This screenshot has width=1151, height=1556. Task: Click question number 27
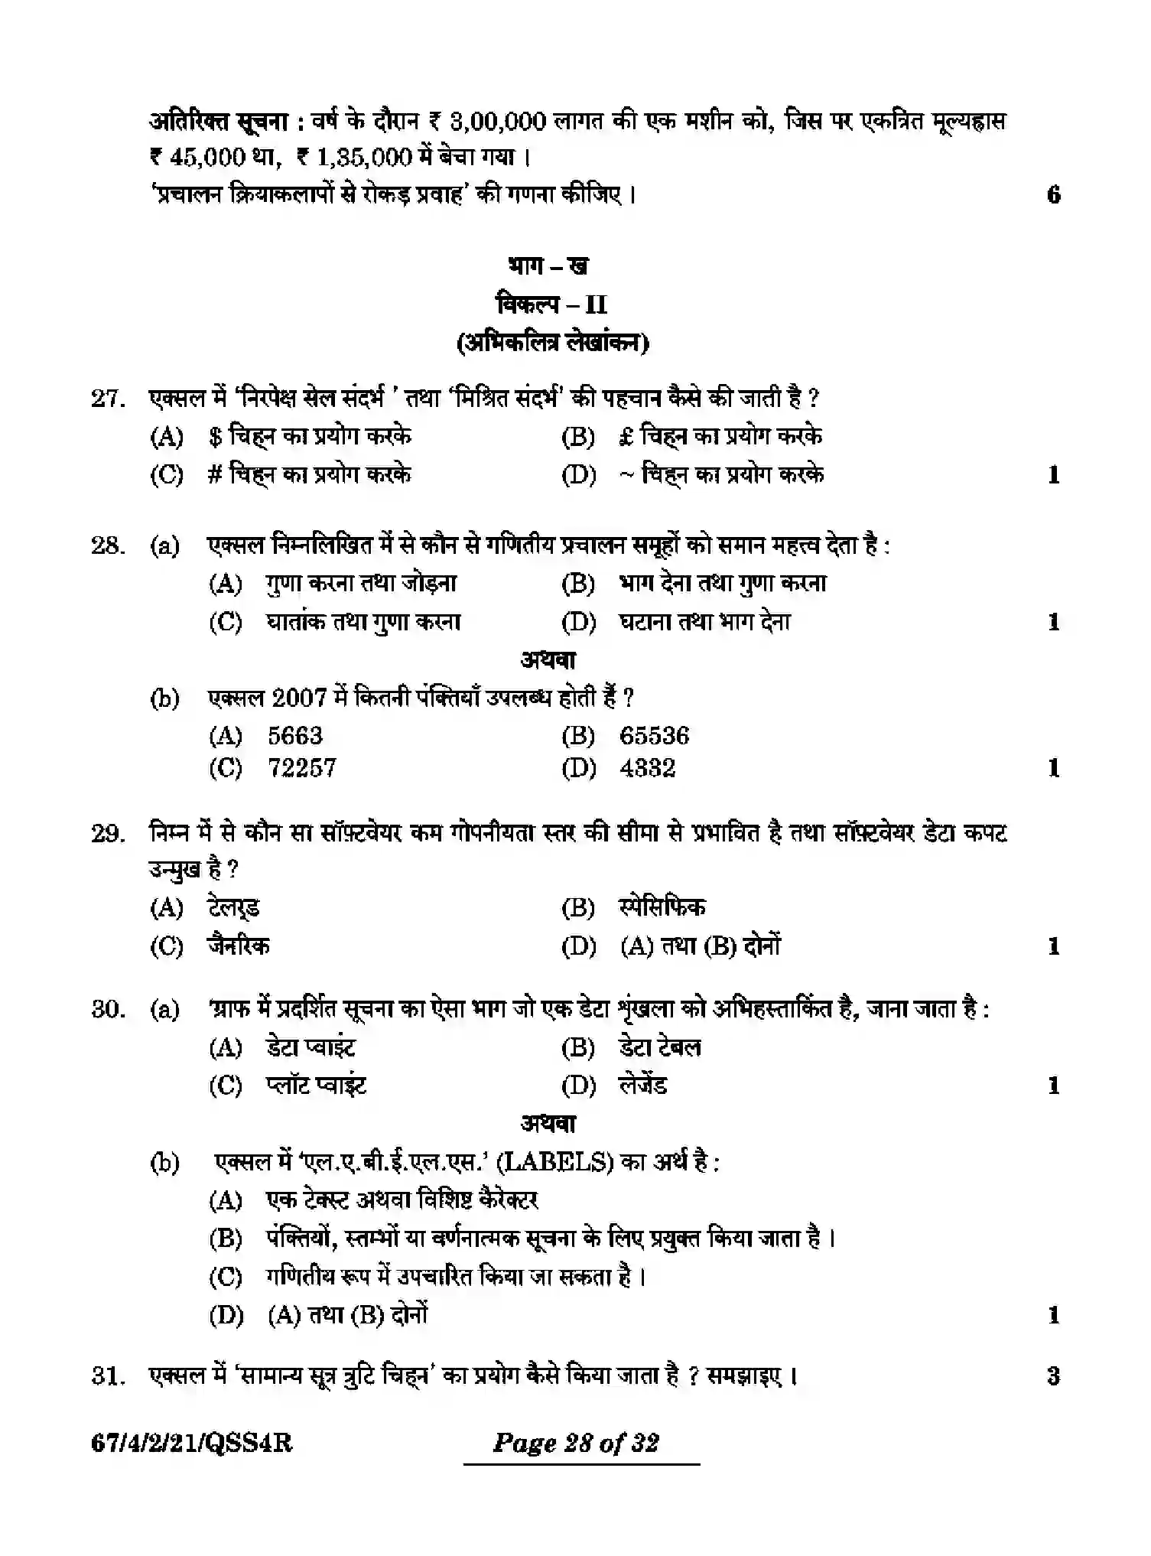pos(107,399)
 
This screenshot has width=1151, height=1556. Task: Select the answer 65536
pos(654,736)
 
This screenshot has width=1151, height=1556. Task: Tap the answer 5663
pos(295,736)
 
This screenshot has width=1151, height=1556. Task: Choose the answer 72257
pos(301,767)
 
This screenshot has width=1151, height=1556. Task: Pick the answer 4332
pos(647,767)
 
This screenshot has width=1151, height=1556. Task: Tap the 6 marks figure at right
pos(1053,194)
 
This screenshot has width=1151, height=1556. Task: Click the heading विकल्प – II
pos(551,304)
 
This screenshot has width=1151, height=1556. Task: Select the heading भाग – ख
pos(548,265)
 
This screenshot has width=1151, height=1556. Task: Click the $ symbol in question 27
pos(216,437)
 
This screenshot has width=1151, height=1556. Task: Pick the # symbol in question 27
pos(215,474)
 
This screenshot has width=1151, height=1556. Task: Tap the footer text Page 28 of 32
pos(576,1444)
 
